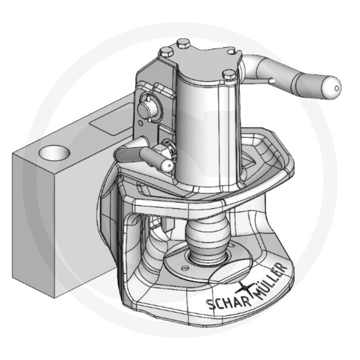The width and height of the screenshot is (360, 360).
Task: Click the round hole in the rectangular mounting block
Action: (54, 153)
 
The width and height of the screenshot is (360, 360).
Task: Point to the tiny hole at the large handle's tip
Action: (337, 88)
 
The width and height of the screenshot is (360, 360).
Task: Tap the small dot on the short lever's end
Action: (170, 165)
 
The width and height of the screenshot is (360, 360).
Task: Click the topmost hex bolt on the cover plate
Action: (184, 44)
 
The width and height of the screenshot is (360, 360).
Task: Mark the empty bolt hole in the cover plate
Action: (231, 52)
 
